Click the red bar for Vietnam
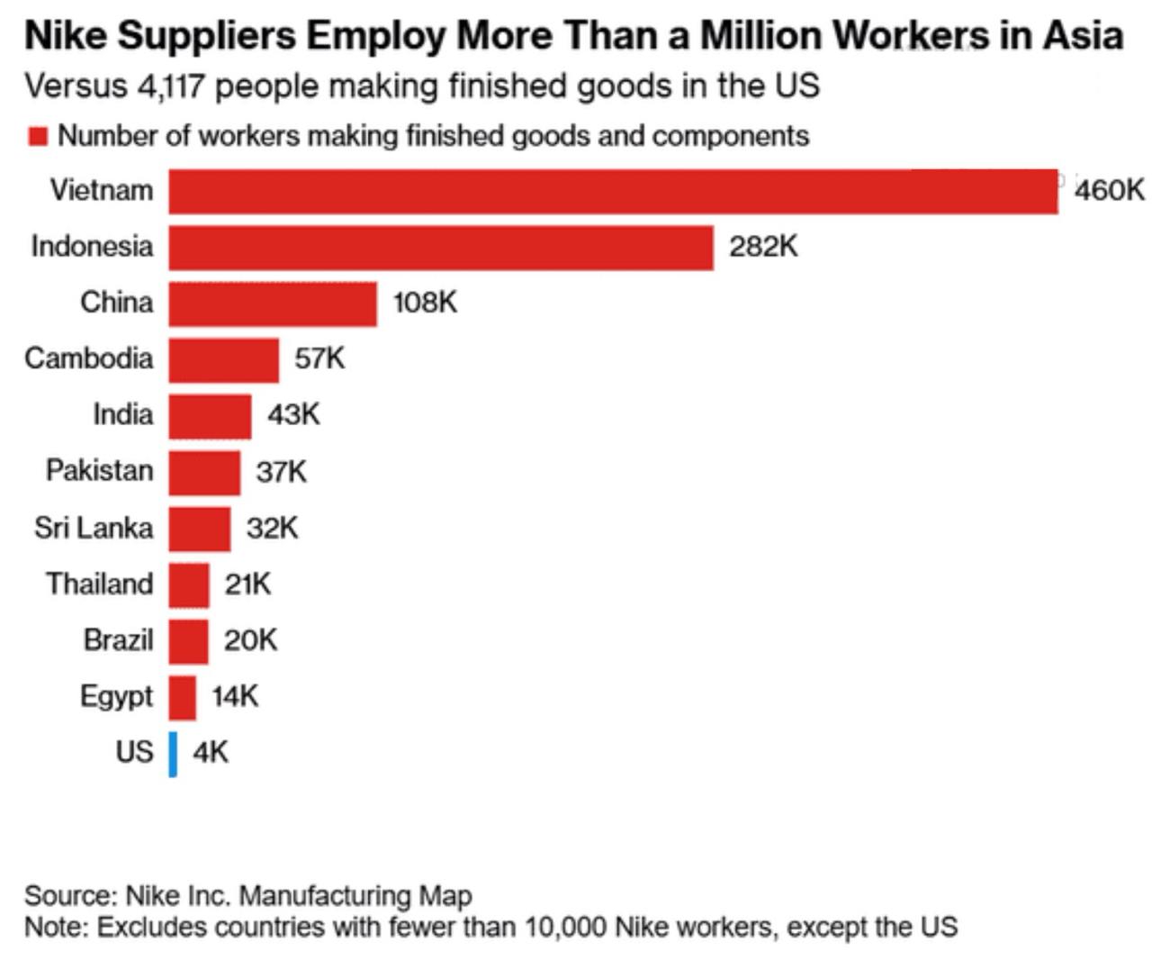(613, 191)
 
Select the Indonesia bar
(441, 248)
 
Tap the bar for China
(273, 303)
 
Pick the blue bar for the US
(173, 754)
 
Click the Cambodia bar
(223, 360)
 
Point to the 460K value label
(1110, 190)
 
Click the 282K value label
(763, 246)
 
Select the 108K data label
(425, 302)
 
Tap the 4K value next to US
(211, 751)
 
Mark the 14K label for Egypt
(235, 695)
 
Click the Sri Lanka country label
(94, 527)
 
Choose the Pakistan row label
(99, 470)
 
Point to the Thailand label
(99, 584)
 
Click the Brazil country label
(118, 639)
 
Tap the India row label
(122, 414)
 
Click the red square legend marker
(38, 136)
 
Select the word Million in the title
(760, 36)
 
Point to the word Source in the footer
(69, 895)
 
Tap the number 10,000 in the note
(565, 927)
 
